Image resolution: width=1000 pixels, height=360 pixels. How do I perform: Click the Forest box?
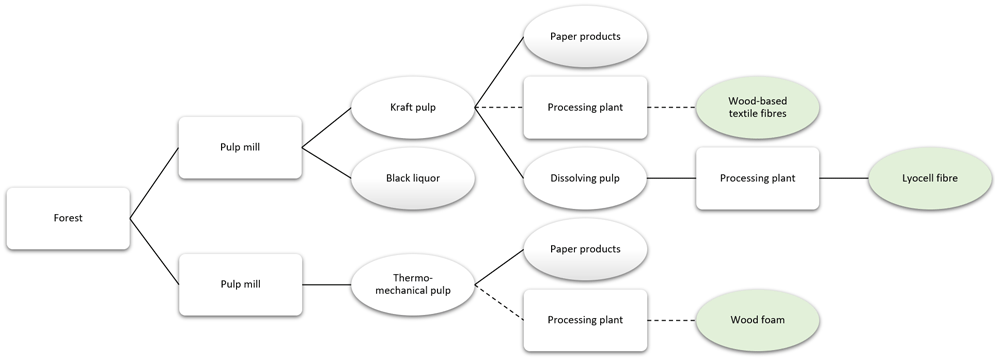(x=68, y=218)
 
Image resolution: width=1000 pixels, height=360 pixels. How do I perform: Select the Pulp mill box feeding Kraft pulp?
(x=240, y=147)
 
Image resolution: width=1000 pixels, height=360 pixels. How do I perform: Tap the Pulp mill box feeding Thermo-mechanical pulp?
(x=240, y=284)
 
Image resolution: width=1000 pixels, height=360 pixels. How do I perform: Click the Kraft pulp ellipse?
(x=413, y=107)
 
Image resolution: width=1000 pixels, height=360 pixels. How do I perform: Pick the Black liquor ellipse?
(x=413, y=179)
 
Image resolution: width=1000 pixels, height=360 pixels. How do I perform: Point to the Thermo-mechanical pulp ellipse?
(x=413, y=284)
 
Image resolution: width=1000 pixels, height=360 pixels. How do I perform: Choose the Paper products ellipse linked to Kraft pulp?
(x=585, y=36)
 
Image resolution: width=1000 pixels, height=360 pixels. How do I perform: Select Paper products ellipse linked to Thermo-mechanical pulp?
(x=585, y=249)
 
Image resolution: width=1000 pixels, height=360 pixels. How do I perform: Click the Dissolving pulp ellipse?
(x=585, y=178)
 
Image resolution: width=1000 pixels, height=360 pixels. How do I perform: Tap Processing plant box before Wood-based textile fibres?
(x=585, y=107)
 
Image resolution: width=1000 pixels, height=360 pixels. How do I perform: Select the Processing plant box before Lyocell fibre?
(x=758, y=178)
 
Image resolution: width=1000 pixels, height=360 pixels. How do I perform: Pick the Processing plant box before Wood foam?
(x=585, y=320)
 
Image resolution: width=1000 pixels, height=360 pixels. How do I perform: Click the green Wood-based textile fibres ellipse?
(x=758, y=107)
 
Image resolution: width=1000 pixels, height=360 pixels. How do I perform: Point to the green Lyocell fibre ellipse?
(x=930, y=178)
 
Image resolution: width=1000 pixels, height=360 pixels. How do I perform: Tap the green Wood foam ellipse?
(x=758, y=320)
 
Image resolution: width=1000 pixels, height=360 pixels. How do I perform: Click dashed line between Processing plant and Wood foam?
(x=672, y=320)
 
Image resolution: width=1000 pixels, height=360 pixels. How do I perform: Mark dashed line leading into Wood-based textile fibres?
(x=672, y=107)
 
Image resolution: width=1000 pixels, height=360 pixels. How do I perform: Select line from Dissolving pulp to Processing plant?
(x=672, y=178)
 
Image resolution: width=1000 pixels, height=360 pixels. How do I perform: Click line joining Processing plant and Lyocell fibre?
(x=844, y=178)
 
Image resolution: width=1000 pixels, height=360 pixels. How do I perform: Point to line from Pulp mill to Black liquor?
(x=327, y=163)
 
